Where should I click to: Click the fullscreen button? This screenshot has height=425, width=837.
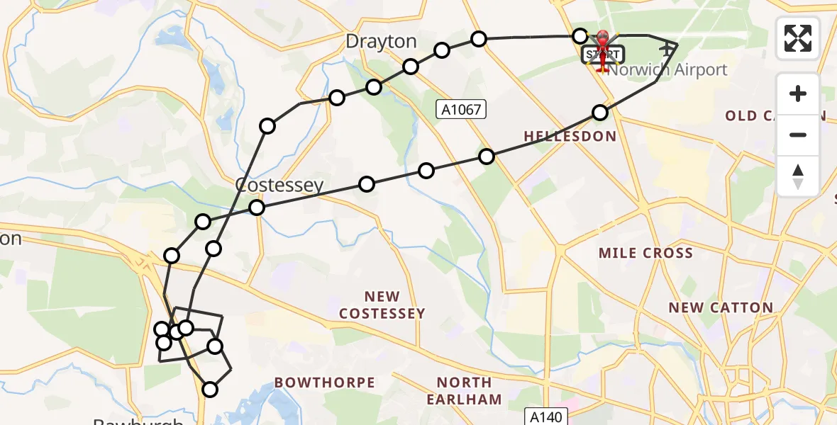pos(798,38)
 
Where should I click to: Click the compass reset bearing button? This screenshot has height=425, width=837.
pos(798,176)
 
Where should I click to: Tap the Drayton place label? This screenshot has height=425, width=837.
pos(381,42)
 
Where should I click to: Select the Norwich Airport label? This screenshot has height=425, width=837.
pos(668,69)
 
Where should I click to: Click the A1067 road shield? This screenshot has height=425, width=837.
pos(461,108)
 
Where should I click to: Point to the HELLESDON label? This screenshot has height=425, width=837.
pos(570,136)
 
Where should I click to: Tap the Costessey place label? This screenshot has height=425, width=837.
pos(279,186)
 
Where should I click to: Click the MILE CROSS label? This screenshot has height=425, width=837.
pos(645,253)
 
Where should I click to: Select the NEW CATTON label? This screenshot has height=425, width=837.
pos(721,307)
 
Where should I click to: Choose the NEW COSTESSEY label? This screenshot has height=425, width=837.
pos(382,305)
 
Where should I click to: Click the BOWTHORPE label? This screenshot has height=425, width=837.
pos(325,382)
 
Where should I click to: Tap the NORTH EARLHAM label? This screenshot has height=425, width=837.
pos(465,391)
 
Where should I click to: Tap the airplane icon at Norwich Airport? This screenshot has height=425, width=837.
pos(667,50)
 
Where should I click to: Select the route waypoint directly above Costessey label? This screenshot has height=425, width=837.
pos(267,127)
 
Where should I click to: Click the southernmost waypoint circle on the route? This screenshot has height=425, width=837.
pos(210,389)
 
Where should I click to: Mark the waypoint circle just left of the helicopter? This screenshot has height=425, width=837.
pos(580,36)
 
